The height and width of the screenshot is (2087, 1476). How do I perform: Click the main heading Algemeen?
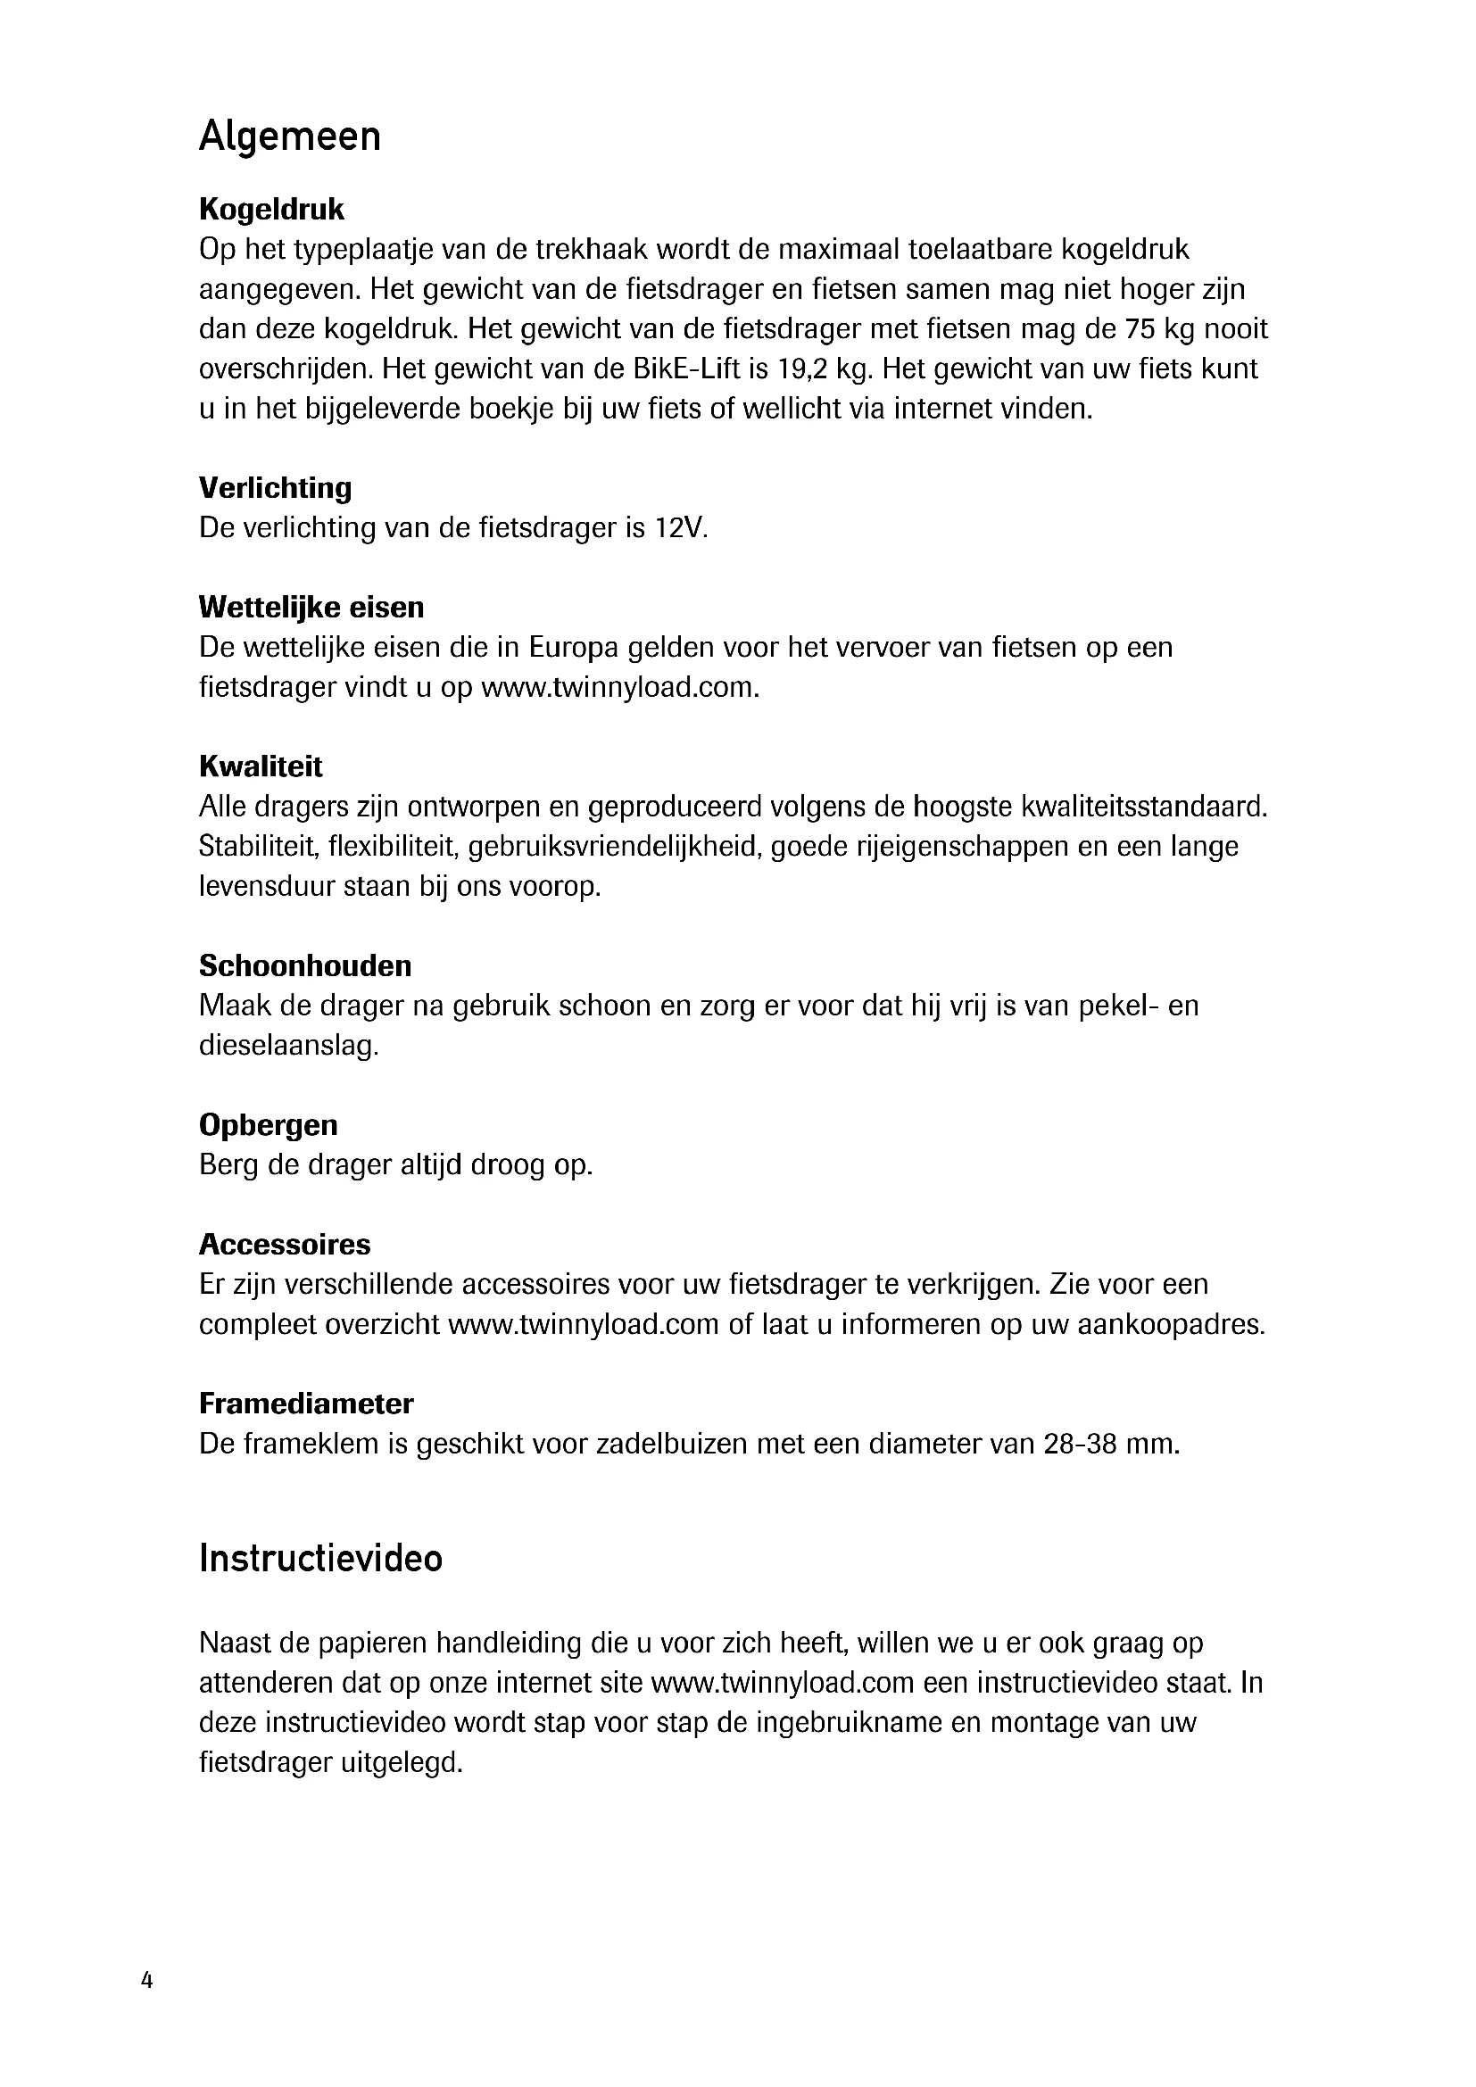(x=289, y=138)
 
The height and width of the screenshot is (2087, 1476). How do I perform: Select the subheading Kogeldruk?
(x=272, y=210)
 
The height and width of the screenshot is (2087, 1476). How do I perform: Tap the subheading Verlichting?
(x=276, y=488)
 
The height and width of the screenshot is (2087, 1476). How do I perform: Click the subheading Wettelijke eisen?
(x=311, y=608)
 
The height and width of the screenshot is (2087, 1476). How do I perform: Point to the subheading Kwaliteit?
(x=261, y=766)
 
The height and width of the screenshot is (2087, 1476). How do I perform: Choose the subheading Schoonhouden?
(x=305, y=965)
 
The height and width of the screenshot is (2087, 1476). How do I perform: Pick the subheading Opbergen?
(x=268, y=1124)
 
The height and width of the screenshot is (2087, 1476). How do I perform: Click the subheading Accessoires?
(x=285, y=1244)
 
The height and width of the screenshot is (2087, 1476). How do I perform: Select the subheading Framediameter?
(x=306, y=1404)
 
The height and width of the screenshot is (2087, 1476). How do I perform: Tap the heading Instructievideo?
(x=321, y=1559)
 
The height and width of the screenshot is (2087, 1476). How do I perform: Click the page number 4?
(x=147, y=1981)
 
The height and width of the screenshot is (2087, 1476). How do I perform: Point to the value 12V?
(x=680, y=528)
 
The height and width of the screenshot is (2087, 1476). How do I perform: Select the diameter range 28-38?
(x=1080, y=1445)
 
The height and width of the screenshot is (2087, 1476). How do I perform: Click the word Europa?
(x=574, y=648)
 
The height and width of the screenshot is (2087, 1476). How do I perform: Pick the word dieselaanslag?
(x=288, y=1047)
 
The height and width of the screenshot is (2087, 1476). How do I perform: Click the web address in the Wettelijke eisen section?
(x=619, y=688)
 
